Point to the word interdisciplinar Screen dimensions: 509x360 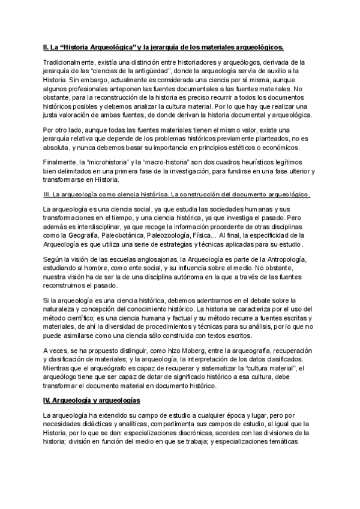[99, 226]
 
